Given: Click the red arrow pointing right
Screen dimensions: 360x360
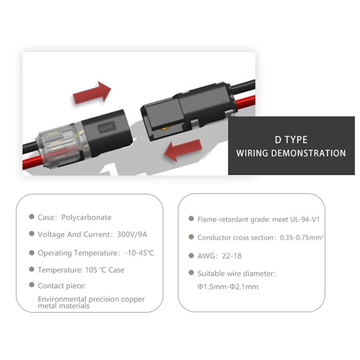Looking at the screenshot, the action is (92, 93).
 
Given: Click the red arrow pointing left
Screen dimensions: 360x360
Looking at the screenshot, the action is (183, 150).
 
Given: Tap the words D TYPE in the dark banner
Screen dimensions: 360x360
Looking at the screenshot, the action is (291, 140).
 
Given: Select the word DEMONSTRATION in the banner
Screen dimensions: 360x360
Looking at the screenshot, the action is (308, 153).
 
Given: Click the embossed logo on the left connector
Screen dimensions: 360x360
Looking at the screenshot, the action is (107, 127).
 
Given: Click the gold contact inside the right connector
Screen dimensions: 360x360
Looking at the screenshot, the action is (165, 128).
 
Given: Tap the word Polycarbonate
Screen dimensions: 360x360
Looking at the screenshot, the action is (86, 217).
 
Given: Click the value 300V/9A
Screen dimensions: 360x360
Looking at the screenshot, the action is (132, 234).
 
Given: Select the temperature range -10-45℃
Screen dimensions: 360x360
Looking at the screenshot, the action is (139, 253).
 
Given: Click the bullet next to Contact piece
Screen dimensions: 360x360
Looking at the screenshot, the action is (31, 285).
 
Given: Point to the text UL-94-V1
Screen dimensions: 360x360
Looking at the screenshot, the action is (305, 219).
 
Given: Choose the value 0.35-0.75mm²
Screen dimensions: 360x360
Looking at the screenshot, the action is (301, 238).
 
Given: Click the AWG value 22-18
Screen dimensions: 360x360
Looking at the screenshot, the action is (232, 256).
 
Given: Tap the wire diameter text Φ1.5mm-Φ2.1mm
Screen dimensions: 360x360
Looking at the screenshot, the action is (228, 287).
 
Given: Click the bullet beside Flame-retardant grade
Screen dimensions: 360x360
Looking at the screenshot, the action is (191, 218).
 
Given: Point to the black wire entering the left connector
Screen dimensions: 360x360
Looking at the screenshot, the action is (30, 148).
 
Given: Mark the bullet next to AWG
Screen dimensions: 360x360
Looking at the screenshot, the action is (191, 255).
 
